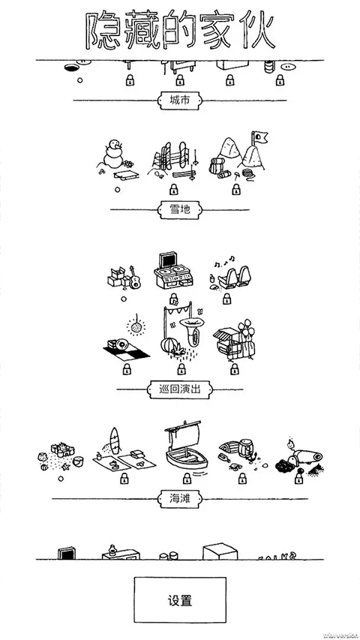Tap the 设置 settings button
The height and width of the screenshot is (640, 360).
[179, 601]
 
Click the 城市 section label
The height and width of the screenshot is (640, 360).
[179, 100]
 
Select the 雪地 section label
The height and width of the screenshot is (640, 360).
[179, 210]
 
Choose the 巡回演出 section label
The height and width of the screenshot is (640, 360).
[179, 389]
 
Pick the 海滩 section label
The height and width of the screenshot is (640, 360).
[179, 497]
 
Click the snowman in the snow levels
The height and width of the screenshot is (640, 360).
[115, 155]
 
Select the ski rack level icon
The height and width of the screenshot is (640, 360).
[172, 159]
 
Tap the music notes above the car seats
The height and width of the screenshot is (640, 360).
[220, 262]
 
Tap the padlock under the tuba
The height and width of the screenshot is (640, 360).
[180, 368]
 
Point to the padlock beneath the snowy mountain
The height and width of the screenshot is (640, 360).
[235, 191]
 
